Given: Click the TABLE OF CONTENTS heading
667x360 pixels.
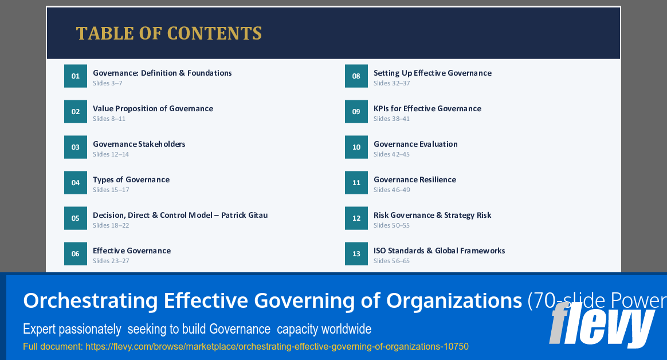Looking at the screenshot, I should (169, 33).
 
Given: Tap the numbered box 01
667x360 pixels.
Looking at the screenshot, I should (76, 76).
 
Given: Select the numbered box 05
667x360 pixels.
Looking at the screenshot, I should (76, 218).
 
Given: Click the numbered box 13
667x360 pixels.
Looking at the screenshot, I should (356, 254).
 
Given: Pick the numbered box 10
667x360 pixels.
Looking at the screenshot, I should (356, 147).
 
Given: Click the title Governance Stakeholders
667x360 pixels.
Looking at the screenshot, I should (139, 144).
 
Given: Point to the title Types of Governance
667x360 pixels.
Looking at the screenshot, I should (131, 179).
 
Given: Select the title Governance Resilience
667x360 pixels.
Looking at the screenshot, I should (415, 179).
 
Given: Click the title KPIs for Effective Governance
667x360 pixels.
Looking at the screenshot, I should (427, 108).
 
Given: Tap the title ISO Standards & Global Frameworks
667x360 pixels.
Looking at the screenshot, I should (440, 251).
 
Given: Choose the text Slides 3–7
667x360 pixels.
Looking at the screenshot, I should (108, 83).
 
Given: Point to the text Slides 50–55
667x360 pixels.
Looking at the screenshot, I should (392, 225).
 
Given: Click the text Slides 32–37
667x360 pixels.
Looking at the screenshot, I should (392, 83).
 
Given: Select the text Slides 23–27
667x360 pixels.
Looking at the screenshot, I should (111, 261).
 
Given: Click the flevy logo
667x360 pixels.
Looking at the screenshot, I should (601, 324).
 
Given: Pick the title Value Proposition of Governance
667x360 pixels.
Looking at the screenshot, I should (153, 108).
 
